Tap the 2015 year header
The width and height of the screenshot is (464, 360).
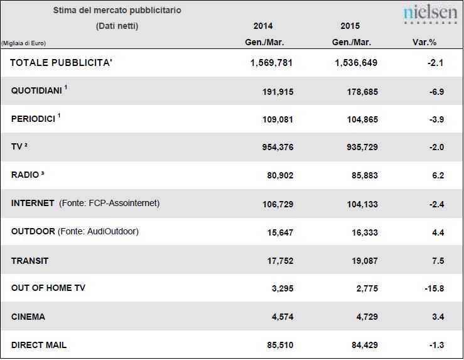tap(350, 26)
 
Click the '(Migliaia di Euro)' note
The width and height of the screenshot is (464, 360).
tap(23, 43)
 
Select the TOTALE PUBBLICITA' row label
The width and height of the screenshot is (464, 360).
tap(61, 63)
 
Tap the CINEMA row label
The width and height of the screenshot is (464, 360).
tap(28, 317)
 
